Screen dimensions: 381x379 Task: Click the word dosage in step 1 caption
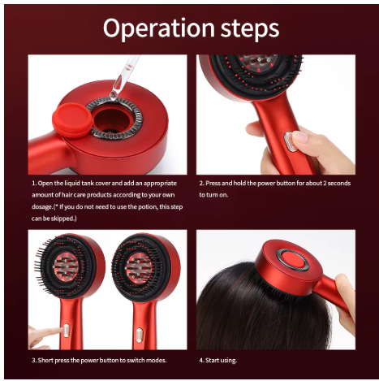pos(47,209)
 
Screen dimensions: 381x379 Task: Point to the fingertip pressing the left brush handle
pos(37,333)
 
